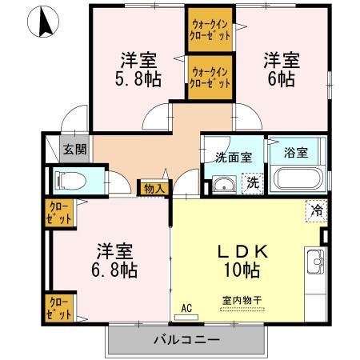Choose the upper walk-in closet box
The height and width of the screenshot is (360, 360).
coord(210,30)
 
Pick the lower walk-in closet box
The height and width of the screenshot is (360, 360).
coord(210,77)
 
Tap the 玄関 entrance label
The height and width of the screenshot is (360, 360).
coord(75,149)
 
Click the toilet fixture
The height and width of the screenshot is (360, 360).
coord(69,180)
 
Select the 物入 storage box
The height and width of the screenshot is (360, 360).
coord(154,189)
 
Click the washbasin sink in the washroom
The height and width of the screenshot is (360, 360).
coord(225,187)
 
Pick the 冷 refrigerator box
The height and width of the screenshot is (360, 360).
coord(316,211)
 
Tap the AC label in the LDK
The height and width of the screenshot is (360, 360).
coord(186,306)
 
